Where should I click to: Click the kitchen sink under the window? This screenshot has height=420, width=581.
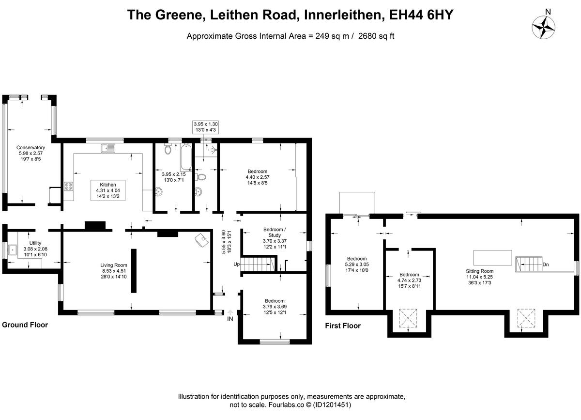pos(107,148)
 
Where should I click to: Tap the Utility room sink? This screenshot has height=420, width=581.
pos(13,251)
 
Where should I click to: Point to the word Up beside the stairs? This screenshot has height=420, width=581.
pos(237,264)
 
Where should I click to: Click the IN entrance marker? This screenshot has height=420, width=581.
pos(230,319)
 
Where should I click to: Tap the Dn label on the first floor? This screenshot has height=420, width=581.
pos(546,265)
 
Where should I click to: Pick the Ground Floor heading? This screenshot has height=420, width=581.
pos(25,325)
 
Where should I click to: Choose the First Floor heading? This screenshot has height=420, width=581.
pos(343,326)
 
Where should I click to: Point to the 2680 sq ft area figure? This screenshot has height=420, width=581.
pos(376,36)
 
